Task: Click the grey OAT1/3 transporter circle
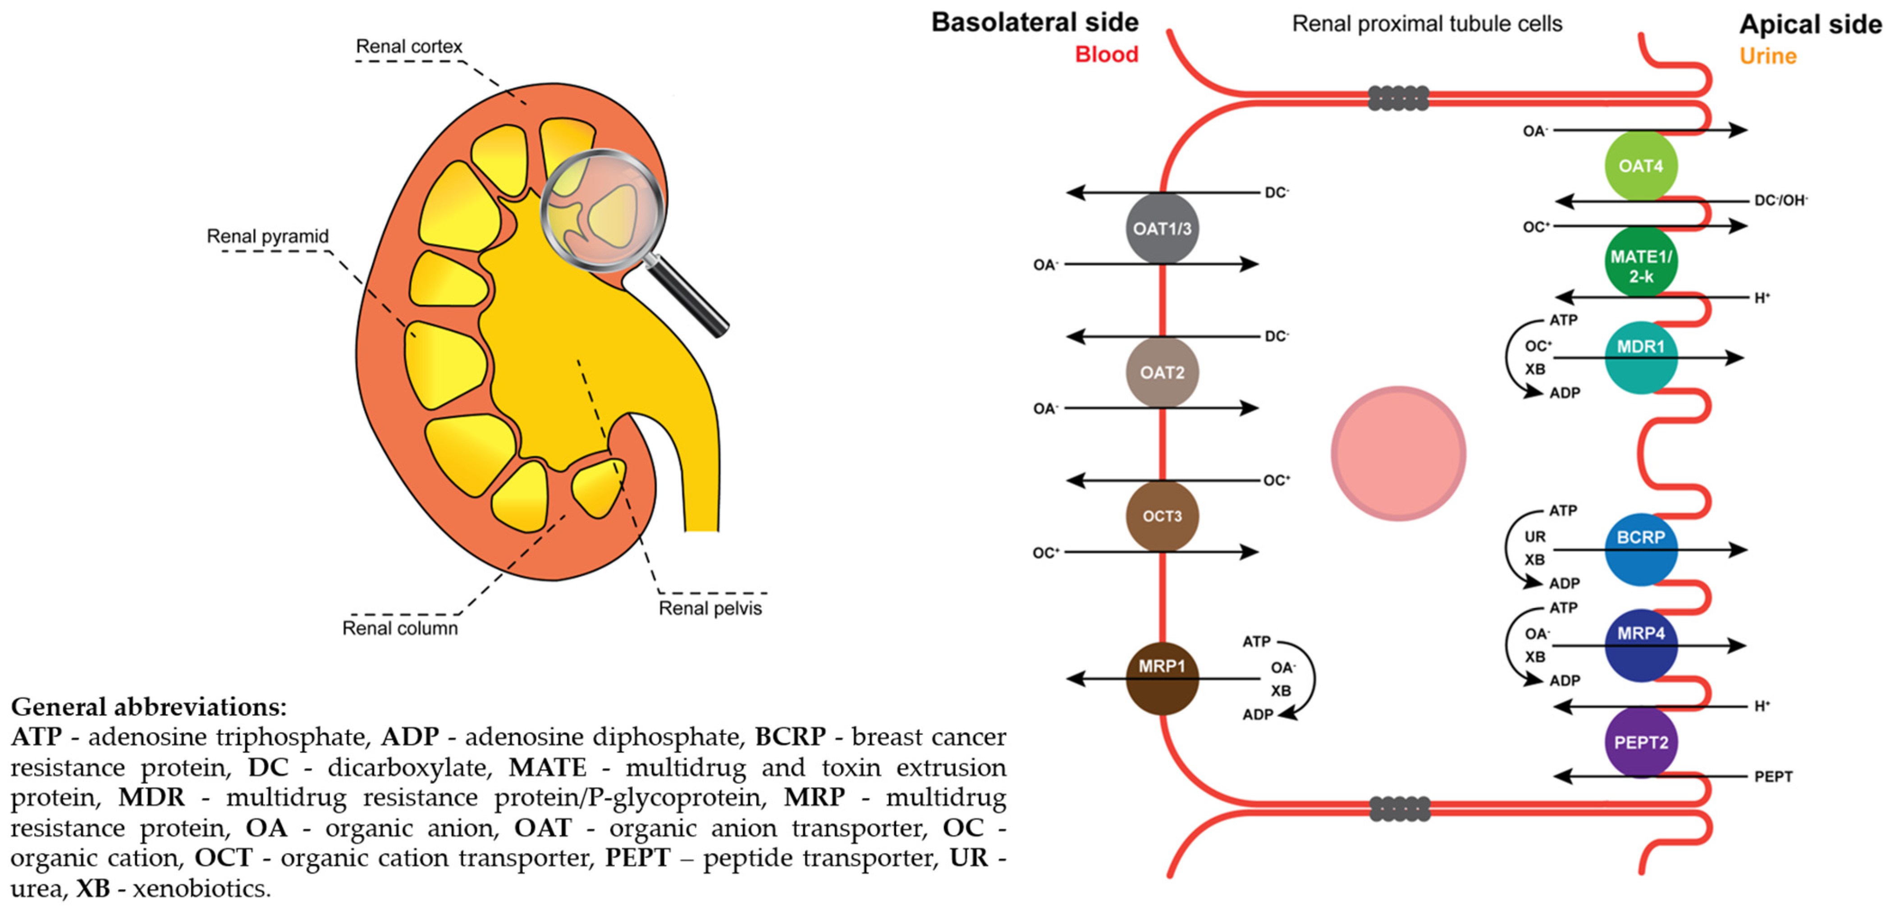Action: pos(1162,228)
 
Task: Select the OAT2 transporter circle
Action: pos(1162,372)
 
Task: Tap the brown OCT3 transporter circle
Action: pos(1162,516)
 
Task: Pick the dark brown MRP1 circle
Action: pos(1162,678)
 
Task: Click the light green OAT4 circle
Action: pos(1641,166)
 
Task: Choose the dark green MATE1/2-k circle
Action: pos(1641,262)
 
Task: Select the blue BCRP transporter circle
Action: pos(1641,549)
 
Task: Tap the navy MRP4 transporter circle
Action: pos(1641,645)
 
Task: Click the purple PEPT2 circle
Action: pos(1641,742)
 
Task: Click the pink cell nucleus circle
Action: pos(1398,454)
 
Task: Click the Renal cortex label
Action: pos(409,46)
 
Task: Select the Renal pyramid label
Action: pos(268,236)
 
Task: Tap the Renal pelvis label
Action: pos(710,608)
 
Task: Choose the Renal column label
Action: pos(400,628)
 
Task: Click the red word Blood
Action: pos(1107,54)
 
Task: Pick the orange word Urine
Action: pos(1768,56)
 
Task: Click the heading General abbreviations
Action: pos(149,706)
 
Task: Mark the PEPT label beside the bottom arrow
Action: pos(1773,776)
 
